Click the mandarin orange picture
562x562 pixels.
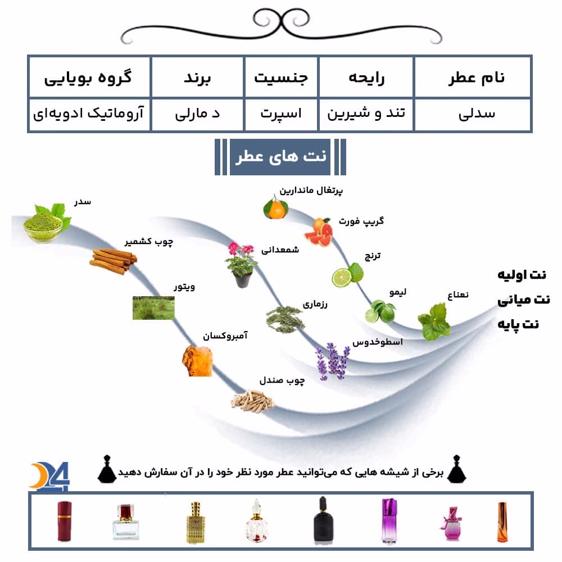[275, 207]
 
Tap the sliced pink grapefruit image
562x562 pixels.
[319, 232]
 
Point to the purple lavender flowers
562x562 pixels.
[332, 361]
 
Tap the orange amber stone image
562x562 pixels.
[197, 361]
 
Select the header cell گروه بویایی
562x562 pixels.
[89, 77]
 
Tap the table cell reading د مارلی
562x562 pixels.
[197, 114]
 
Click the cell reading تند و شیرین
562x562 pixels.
[366, 114]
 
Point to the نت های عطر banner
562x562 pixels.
[280, 157]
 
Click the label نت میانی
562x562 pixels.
[524, 300]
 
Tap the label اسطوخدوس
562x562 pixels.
[378, 342]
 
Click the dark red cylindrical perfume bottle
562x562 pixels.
[65, 521]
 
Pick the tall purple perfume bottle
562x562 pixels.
[389, 520]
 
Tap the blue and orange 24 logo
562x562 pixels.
[49, 476]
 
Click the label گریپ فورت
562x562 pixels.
[361, 221]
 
